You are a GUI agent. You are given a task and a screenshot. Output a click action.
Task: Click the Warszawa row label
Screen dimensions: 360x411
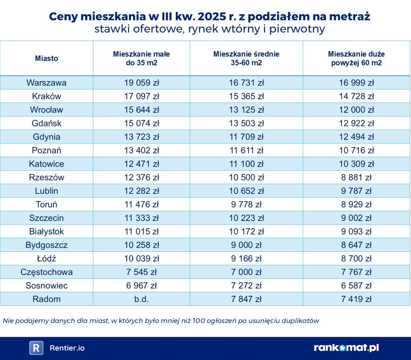[x=46, y=83]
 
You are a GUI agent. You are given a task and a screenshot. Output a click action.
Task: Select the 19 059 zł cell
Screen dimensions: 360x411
[x=141, y=83]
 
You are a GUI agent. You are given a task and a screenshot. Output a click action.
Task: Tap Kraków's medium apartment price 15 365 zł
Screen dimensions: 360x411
[x=246, y=96]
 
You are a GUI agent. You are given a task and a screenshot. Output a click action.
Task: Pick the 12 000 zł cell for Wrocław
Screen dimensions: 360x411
[x=356, y=110]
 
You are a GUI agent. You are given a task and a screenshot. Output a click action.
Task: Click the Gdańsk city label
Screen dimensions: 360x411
[x=46, y=123]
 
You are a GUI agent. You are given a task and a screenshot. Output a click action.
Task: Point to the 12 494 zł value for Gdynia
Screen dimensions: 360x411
[x=356, y=137]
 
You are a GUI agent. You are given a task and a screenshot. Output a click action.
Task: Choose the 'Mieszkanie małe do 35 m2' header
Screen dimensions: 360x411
[x=141, y=58]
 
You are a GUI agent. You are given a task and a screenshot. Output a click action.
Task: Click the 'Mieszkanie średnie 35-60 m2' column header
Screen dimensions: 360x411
[x=246, y=58]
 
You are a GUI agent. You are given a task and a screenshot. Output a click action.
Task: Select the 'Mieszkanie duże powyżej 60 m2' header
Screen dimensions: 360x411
[x=356, y=58]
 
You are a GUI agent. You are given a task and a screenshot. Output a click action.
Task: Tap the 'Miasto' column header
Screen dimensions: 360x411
[x=46, y=58]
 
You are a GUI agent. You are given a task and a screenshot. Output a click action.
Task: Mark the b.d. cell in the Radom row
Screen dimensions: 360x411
[x=141, y=299]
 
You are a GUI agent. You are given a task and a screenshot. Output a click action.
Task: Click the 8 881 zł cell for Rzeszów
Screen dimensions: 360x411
[x=356, y=177]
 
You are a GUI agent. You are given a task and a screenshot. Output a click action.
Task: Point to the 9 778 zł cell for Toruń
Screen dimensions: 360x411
[x=246, y=204]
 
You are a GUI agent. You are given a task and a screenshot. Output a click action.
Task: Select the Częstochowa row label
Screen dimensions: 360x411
[x=46, y=272]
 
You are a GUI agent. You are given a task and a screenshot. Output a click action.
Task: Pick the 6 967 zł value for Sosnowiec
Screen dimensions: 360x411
[x=141, y=286]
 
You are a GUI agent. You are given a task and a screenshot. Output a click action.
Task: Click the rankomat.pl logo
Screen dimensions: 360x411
[x=346, y=348]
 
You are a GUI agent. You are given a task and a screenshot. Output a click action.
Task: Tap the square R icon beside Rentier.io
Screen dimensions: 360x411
[x=36, y=348]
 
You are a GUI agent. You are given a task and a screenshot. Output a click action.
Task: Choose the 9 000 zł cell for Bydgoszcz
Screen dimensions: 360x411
[x=246, y=245]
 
